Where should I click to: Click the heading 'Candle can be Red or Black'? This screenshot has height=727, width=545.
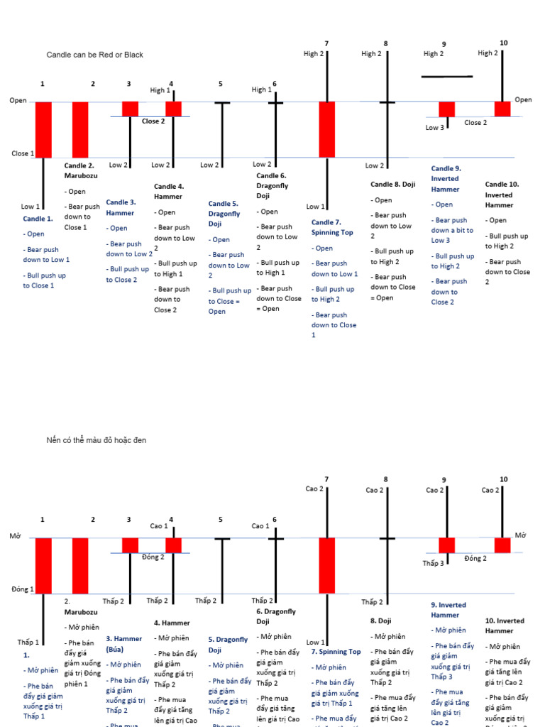pyautogui.click(x=95, y=55)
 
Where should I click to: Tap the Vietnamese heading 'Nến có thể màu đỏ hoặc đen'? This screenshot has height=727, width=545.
pyautogui.click(x=97, y=441)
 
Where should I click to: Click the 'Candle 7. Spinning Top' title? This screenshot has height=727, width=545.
pyautogui.click(x=331, y=227)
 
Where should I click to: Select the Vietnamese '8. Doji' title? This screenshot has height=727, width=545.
pyautogui.click(x=380, y=621)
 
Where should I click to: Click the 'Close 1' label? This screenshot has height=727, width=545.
pyautogui.click(x=22, y=153)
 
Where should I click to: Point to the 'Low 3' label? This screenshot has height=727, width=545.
pyautogui.click(x=435, y=128)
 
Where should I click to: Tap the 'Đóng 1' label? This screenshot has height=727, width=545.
pyautogui.click(x=22, y=589)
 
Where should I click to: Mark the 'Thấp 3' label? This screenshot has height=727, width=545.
pyautogui.click(x=433, y=564)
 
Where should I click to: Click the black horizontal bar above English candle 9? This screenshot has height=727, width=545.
pyautogui.click(x=446, y=76)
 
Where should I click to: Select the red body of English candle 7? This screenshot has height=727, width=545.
pyautogui.click(x=326, y=129)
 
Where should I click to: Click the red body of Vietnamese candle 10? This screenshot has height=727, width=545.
pyautogui.click(x=502, y=545)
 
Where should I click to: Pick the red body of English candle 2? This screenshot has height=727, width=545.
pyautogui.click(x=80, y=129)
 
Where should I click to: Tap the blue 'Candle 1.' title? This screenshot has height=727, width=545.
pyautogui.click(x=38, y=219)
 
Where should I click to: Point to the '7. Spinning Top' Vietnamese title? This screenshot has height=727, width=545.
pyautogui.click(x=336, y=652)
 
